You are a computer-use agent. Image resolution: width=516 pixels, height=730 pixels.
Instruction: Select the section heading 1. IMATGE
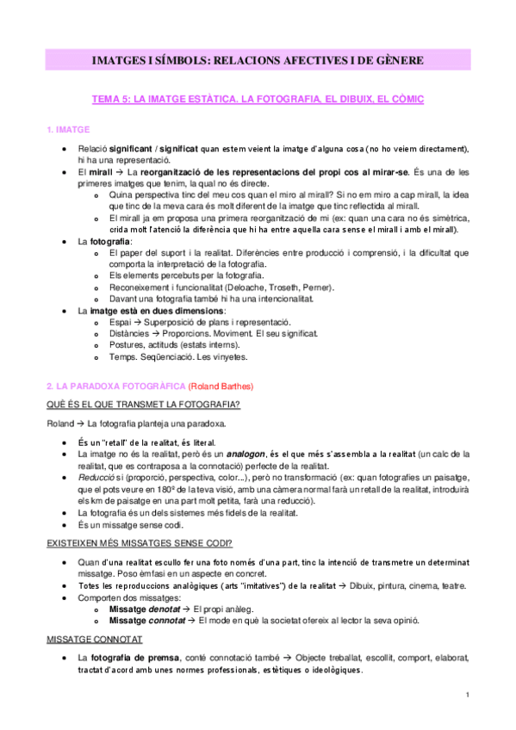(68, 130)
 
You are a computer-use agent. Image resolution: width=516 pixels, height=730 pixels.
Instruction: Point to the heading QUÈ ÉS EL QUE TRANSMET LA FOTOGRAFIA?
(142, 405)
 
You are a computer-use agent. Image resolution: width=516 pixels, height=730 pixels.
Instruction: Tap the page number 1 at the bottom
(466, 695)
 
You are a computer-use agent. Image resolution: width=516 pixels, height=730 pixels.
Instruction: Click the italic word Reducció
(94, 477)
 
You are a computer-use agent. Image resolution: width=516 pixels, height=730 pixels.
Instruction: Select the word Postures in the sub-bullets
(128, 344)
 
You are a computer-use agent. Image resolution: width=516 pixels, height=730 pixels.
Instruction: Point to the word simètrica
(445, 218)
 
